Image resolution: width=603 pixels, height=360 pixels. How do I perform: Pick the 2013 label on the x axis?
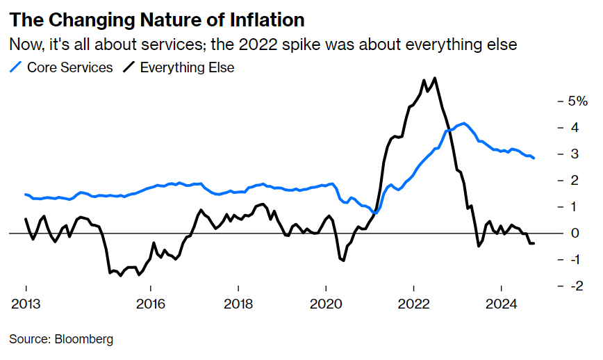(x=26, y=304)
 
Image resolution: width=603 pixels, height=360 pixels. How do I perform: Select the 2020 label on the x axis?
(x=326, y=304)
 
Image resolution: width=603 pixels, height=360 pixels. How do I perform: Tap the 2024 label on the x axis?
(x=501, y=304)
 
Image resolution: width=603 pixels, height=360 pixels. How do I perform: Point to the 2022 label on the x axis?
(x=413, y=304)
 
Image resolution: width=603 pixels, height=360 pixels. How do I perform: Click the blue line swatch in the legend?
(x=16, y=67)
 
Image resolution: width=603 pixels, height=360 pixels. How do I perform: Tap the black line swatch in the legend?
(x=129, y=67)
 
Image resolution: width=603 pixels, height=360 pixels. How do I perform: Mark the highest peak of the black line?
(x=435, y=78)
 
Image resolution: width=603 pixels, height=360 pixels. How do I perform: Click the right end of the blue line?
(x=534, y=158)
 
